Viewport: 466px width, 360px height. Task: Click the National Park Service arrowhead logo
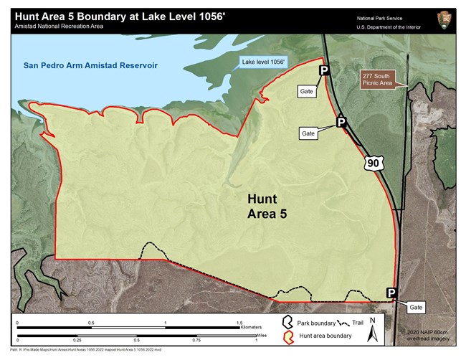(444, 21)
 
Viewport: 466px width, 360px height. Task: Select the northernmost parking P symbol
(324, 70)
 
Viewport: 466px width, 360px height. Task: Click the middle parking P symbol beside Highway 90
(342, 123)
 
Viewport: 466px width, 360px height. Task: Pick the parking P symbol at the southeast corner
(391, 293)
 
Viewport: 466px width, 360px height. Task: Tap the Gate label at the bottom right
(417, 307)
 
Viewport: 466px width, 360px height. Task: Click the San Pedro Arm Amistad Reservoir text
(89, 67)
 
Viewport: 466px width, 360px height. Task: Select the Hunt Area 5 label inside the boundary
(267, 206)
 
